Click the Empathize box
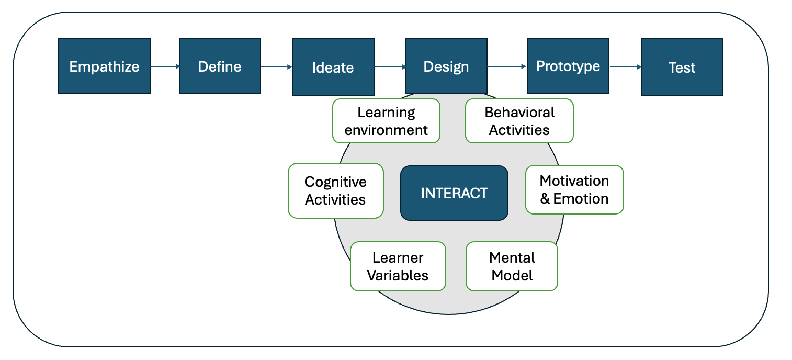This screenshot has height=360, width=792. click(105, 66)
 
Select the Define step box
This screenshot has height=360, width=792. click(220, 66)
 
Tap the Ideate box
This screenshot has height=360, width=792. click(333, 67)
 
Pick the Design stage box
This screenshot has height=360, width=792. click(446, 66)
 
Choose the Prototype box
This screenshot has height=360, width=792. click(568, 66)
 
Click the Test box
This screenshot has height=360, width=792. click(682, 67)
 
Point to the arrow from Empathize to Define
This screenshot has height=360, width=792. click(165, 66)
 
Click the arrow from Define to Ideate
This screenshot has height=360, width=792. click(277, 67)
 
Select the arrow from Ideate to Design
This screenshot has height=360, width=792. click(390, 67)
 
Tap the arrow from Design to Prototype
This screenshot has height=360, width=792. click(507, 66)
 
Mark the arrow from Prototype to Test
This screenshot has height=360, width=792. click(626, 67)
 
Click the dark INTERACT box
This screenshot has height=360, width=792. click(455, 193)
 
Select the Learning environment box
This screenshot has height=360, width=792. click(387, 121)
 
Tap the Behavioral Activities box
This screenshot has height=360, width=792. click(519, 121)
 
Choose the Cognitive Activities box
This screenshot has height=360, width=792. click(336, 190)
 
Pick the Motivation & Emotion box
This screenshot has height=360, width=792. click(574, 189)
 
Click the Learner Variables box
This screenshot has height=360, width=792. click(398, 266)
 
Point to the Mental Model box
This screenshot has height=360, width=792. click(512, 266)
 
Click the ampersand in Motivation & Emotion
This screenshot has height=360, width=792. click(545, 199)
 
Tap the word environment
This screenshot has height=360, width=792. click(386, 130)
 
